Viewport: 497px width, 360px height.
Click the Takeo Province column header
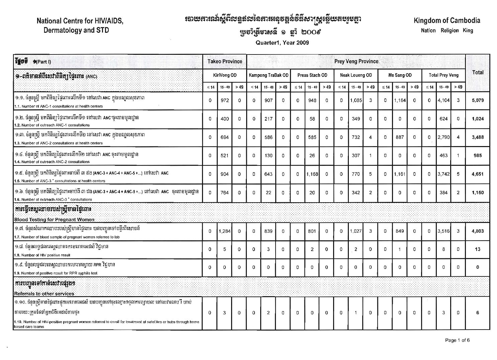[224, 62]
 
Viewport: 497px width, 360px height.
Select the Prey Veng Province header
[356, 62]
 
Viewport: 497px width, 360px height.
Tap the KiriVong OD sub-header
[224, 75]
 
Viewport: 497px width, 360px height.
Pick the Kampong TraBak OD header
[269, 75]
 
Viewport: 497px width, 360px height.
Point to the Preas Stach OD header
[312, 75]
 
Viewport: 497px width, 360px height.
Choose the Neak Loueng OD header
[356, 75]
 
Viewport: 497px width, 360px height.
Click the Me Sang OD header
[400, 75]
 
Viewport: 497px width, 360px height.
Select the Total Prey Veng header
[443, 75]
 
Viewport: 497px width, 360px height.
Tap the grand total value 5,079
[478, 100]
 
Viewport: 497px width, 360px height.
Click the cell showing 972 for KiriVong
[224, 100]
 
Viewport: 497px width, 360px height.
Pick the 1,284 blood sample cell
[224, 231]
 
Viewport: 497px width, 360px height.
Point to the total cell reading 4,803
[478, 231]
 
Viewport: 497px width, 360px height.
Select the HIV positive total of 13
[478, 249]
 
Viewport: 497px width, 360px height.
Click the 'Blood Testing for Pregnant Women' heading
[54, 220]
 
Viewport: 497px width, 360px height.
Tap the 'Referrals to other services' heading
[44, 293]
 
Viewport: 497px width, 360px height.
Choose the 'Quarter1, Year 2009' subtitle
[282, 43]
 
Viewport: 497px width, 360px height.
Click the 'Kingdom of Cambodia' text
[446, 21]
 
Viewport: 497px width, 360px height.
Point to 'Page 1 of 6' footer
[457, 340]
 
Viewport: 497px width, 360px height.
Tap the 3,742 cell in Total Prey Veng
[443, 174]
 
